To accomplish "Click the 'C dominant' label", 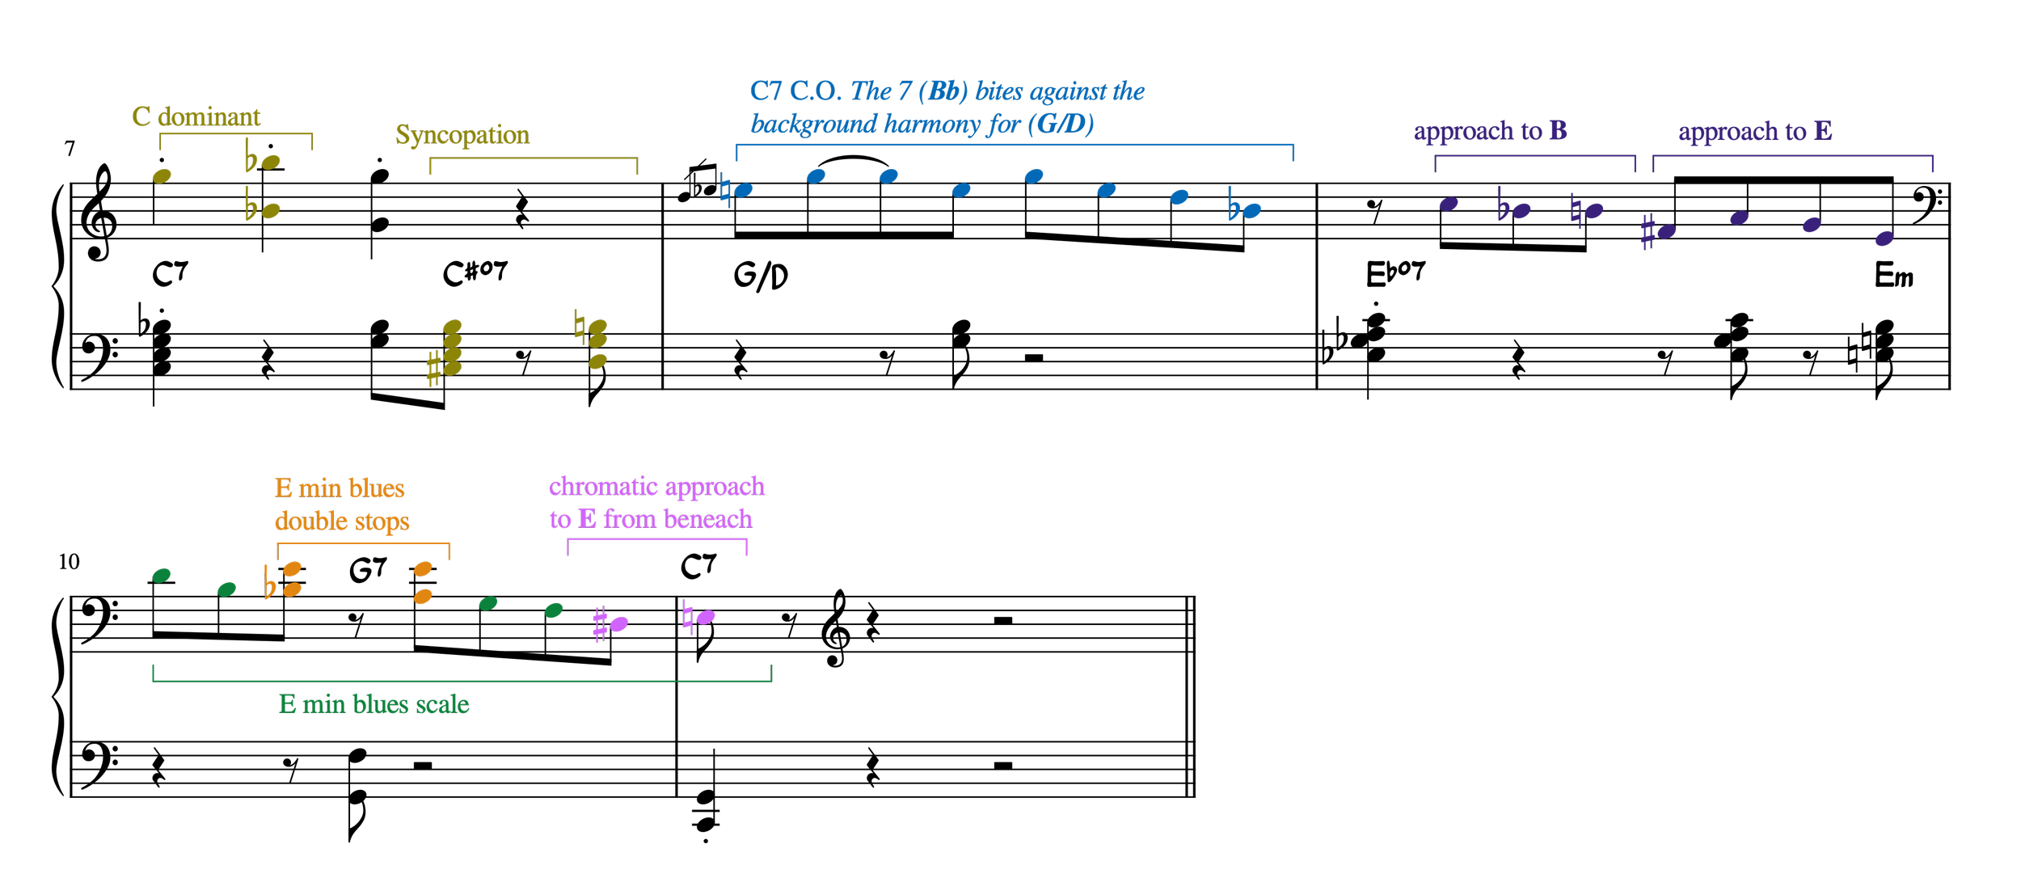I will pyautogui.click(x=196, y=117).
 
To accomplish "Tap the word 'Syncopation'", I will pyautogui.click(x=462, y=135).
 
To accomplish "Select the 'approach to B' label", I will pyautogui.click(x=1490, y=131).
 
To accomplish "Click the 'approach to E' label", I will pyautogui.click(x=1755, y=132).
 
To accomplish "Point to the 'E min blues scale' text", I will pyautogui.click(x=373, y=704).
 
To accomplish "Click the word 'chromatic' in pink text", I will pyautogui.click(x=603, y=487).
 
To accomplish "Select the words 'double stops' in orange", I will pyautogui.click(x=342, y=521).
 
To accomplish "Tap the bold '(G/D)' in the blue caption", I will pyautogui.click(x=1061, y=125).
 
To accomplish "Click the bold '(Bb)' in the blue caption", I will pyautogui.click(x=943, y=91).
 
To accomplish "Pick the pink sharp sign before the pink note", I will pyautogui.click(x=600, y=624).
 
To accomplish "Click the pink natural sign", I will pyautogui.click(x=688, y=618).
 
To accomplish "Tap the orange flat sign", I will pyautogui.click(x=269, y=584).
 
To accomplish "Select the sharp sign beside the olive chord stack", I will pyautogui.click(x=434, y=369).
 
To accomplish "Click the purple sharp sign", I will pyautogui.click(x=1648, y=233).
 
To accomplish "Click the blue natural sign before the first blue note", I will pyautogui.click(x=726, y=191).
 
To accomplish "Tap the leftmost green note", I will pyautogui.click(x=162, y=576).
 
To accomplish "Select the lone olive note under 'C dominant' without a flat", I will pyautogui.click(x=162, y=176).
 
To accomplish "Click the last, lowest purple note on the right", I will pyautogui.click(x=1884, y=239).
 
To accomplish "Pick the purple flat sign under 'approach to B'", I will pyautogui.click(x=1503, y=205).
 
